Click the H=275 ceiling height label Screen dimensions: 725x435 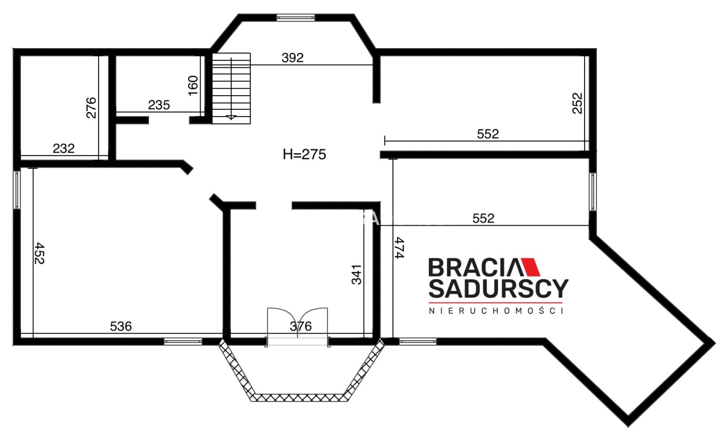pos(304,154)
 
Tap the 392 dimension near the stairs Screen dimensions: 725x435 pos(293,58)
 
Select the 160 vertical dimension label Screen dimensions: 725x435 pos(193,85)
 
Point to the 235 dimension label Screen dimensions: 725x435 pos(159,105)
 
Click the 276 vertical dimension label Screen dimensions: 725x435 pos(91,107)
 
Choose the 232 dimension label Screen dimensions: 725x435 pos(64,149)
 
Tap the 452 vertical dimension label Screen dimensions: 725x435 pos(40,253)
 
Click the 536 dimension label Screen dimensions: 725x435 pos(121,326)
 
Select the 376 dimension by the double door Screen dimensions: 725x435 pos(301,326)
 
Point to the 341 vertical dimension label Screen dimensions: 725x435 pos(356,275)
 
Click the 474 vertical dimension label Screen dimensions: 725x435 pos(400,248)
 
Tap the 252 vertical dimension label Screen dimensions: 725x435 pos(577,104)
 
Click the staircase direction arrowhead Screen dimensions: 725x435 pos(231,117)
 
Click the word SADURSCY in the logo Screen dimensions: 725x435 pos(498,288)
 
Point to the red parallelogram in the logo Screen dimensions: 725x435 pos(530,267)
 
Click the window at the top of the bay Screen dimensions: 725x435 pos(296,18)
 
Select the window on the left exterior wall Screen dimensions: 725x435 pos(16,189)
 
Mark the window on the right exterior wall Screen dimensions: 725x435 pos(592,192)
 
